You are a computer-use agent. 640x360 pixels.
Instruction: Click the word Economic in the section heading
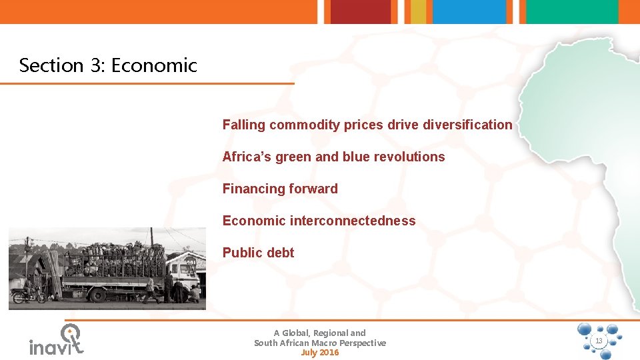pyautogui.click(x=154, y=65)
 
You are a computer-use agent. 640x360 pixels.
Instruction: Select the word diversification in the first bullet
pyautogui.click(x=467, y=125)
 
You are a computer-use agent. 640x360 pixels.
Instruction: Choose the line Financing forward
pyautogui.click(x=280, y=189)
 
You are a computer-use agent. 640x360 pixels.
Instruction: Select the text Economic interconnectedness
pyautogui.click(x=319, y=221)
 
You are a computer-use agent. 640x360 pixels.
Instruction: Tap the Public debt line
pyautogui.click(x=258, y=253)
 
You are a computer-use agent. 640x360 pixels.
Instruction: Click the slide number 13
pyautogui.click(x=598, y=341)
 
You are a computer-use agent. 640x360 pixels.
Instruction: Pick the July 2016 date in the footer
pyautogui.click(x=320, y=353)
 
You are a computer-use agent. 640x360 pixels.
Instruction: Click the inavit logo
pyautogui.click(x=57, y=340)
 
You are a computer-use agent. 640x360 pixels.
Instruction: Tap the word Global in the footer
pyautogui.click(x=297, y=333)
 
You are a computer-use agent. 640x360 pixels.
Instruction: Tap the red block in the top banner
pyautogui.click(x=360, y=11)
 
